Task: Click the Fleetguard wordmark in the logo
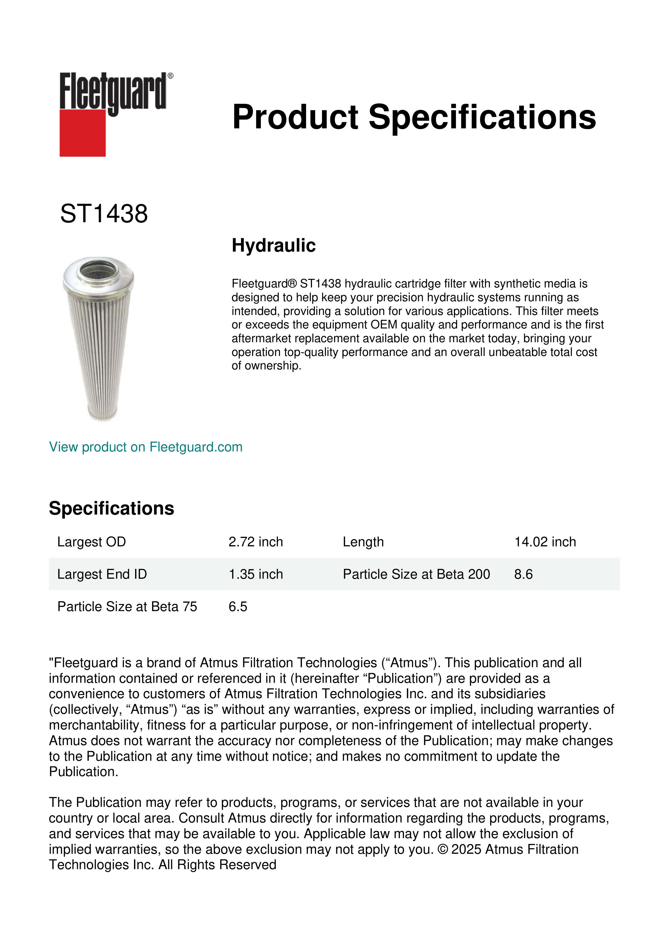click(x=113, y=91)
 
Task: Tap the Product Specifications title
click(x=414, y=117)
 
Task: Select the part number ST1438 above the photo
click(x=104, y=214)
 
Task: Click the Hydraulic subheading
click(x=273, y=246)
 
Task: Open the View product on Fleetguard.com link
click(x=146, y=447)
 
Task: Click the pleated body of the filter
click(x=99, y=350)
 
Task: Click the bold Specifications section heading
click(x=111, y=508)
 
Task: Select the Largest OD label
click(x=91, y=542)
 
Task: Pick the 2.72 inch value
click(x=256, y=542)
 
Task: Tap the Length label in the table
click(x=363, y=542)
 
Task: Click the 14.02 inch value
click(x=545, y=542)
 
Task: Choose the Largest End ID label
click(x=102, y=574)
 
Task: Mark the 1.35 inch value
click(x=256, y=574)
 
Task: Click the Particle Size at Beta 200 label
click(x=416, y=574)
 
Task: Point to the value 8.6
click(x=523, y=574)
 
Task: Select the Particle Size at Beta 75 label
click(x=127, y=606)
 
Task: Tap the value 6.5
click(x=238, y=606)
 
